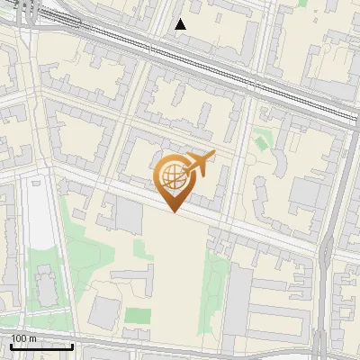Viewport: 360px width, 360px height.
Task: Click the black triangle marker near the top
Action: (180, 25)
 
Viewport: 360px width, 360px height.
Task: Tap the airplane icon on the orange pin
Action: (201, 163)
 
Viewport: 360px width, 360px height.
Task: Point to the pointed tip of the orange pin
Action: (175, 212)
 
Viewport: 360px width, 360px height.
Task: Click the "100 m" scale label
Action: (24, 338)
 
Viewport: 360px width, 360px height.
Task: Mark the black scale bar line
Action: (41, 346)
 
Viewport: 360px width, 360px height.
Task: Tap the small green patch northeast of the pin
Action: (262, 139)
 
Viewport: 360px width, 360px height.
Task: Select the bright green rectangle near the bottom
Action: (138, 316)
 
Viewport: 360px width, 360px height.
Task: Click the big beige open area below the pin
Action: (175, 261)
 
